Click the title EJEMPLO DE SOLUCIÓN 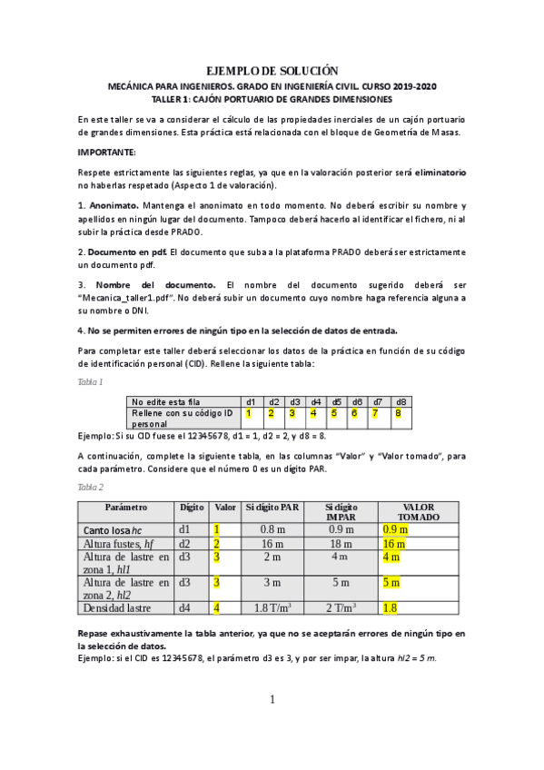(272, 71)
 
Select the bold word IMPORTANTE (106, 152)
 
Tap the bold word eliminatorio (435, 172)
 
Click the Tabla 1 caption (90, 382)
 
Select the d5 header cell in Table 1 (336, 401)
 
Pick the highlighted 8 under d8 (397, 413)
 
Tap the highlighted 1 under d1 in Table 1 (248, 413)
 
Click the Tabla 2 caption (90, 487)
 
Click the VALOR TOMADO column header (418, 512)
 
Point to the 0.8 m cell (272, 528)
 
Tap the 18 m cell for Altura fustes (340, 543)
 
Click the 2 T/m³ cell (340, 607)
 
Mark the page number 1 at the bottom (272, 700)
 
